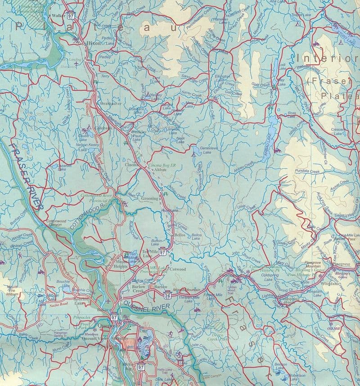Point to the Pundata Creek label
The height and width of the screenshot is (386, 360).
tap(308, 171)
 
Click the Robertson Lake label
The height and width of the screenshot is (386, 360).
tap(297, 377)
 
